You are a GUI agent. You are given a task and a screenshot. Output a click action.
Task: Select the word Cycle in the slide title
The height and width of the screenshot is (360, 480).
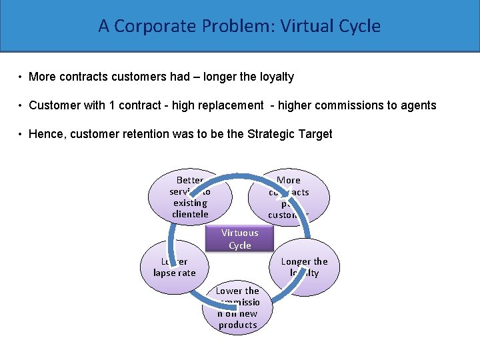pyautogui.click(x=359, y=26)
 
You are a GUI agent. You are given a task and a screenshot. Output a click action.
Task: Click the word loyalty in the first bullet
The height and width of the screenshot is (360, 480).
pyautogui.click(x=276, y=77)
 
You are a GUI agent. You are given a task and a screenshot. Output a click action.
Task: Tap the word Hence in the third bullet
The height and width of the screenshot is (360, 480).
pyautogui.click(x=45, y=134)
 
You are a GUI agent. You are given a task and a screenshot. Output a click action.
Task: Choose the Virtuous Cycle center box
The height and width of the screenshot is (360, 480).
pyautogui.click(x=240, y=239)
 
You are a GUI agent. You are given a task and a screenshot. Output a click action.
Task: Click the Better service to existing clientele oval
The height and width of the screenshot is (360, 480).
pyautogui.click(x=189, y=197)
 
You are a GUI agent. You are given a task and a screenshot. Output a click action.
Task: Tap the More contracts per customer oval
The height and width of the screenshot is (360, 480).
pyautogui.click(x=289, y=197)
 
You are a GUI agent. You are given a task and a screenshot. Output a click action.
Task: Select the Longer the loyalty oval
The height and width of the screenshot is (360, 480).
pyautogui.click(x=305, y=267)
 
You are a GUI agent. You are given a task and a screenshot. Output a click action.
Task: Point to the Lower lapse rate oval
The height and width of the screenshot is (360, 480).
pyautogui.click(x=175, y=267)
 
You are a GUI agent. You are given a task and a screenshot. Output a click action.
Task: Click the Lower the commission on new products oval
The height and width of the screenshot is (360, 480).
pyautogui.click(x=237, y=308)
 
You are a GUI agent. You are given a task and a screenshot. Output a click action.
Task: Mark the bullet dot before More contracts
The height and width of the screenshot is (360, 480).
pyautogui.click(x=21, y=77)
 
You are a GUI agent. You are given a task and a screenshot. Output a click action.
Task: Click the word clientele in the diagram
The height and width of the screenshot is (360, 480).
pyautogui.click(x=190, y=214)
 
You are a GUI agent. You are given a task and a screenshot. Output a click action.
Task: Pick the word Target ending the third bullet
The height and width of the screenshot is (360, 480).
pyautogui.click(x=315, y=134)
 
